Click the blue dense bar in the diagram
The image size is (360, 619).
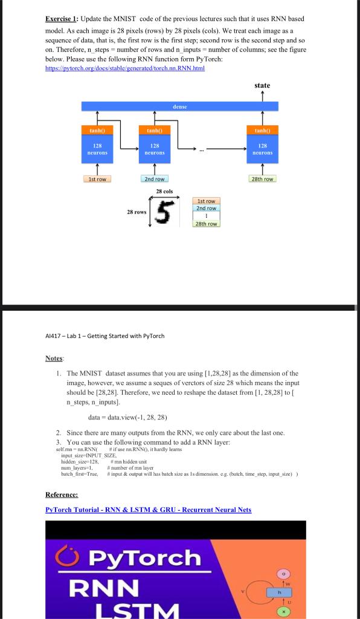(179, 106)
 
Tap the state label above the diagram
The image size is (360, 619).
(262, 86)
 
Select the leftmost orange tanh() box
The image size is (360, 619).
(97, 129)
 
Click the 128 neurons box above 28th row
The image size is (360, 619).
(262, 149)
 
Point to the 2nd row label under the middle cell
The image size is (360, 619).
(155, 179)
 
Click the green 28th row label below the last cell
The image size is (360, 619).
(262, 179)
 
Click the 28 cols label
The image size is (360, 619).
(164, 192)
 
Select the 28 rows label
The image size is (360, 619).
(137, 212)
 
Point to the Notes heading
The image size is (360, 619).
(54, 358)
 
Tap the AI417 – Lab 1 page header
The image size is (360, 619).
(104, 336)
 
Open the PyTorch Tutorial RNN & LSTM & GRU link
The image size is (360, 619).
(148, 510)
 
